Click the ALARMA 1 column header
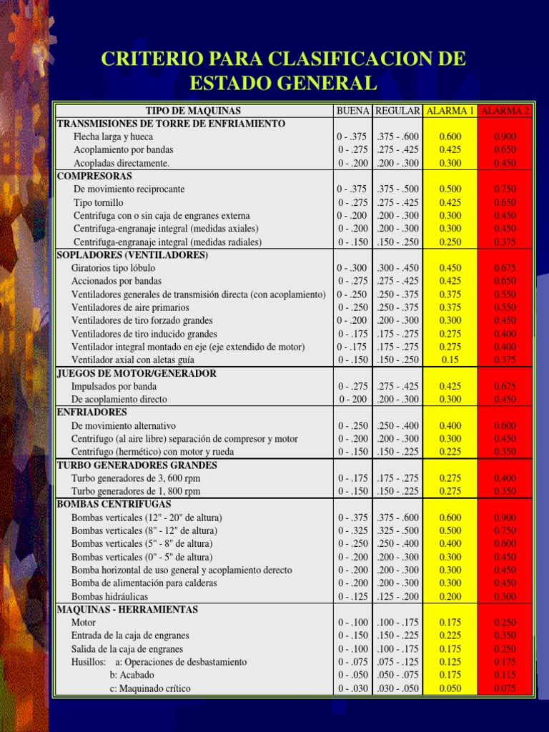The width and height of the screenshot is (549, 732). point(450,111)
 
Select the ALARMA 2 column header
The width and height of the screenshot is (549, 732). point(505,111)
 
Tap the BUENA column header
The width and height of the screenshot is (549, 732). point(352,111)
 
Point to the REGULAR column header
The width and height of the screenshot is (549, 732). point(397,111)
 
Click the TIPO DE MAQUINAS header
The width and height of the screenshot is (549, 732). point(193,111)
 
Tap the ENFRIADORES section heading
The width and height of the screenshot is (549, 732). point(91,412)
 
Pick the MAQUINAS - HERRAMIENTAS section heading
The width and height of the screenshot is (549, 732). point(127,609)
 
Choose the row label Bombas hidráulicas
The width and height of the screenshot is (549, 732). point(109,596)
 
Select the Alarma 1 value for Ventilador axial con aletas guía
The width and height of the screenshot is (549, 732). point(450,360)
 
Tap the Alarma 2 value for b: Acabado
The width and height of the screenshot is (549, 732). point(505,675)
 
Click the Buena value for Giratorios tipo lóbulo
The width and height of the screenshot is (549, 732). point(352,267)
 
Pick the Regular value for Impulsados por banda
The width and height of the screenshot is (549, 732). point(397,386)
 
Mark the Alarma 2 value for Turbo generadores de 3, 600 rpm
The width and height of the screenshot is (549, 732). point(505,478)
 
